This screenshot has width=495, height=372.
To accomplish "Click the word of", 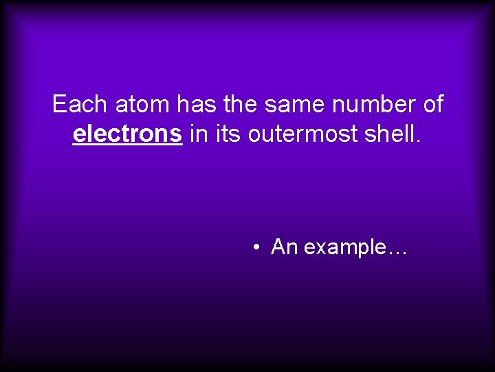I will click(x=431, y=105).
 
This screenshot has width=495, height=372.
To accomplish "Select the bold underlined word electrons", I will click(x=128, y=134).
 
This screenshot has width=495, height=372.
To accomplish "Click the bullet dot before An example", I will click(x=255, y=247).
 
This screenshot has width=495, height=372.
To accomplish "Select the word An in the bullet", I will click(x=284, y=247).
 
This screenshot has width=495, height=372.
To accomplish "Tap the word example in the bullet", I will click(x=345, y=247).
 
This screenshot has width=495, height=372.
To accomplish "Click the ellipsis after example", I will click(x=398, y=252).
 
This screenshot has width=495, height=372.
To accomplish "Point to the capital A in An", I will click(x=278, y=247).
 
